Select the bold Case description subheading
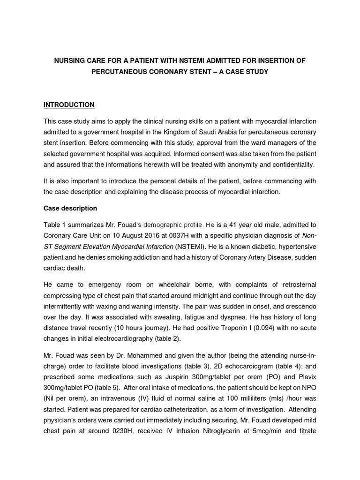point(70,208)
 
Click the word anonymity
point(235,165)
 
